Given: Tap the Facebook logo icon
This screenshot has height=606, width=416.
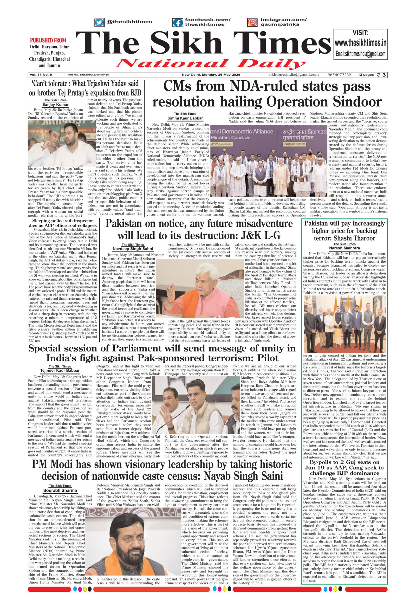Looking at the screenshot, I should (178, 22).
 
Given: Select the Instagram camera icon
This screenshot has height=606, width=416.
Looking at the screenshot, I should (252, 22).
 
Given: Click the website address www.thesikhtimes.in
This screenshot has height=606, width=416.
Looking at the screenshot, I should (360, 43).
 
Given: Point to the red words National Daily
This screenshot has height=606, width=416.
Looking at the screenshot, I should (211, 64).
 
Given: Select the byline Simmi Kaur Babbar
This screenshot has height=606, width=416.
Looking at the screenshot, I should (185, 118).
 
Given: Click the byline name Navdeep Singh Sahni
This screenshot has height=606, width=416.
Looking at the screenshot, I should (133, 248).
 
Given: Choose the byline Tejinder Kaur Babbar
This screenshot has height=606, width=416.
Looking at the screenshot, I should (60, 370).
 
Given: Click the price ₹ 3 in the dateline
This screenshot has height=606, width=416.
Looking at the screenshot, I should (382, 75).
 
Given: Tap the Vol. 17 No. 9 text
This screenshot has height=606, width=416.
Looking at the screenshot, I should (41, 75).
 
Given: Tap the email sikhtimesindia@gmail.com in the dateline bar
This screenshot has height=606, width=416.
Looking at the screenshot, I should (294, 75).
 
